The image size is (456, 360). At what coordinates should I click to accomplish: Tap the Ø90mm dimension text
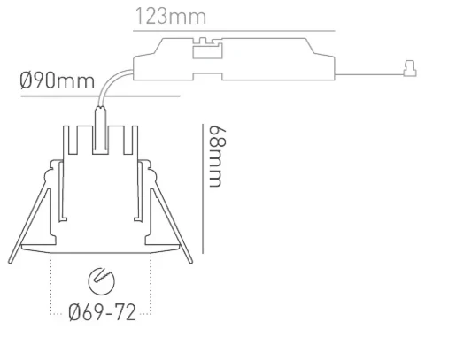(57, 81)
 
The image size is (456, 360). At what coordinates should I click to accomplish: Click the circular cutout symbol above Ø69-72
(102, 282)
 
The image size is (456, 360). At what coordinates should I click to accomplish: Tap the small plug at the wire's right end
(408, 66)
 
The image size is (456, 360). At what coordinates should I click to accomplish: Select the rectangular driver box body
(266, 62)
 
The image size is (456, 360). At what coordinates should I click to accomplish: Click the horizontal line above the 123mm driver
(235, 31)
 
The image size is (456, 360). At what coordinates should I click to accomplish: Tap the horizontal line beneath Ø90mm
(89, 94)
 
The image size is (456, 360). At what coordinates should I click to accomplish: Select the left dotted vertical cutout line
(52, 283)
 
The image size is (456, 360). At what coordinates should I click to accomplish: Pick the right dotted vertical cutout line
(151, 283)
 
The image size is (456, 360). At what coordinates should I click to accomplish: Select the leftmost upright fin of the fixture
(66, 142)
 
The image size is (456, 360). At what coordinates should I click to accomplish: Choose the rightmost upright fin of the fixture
(137, 142)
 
